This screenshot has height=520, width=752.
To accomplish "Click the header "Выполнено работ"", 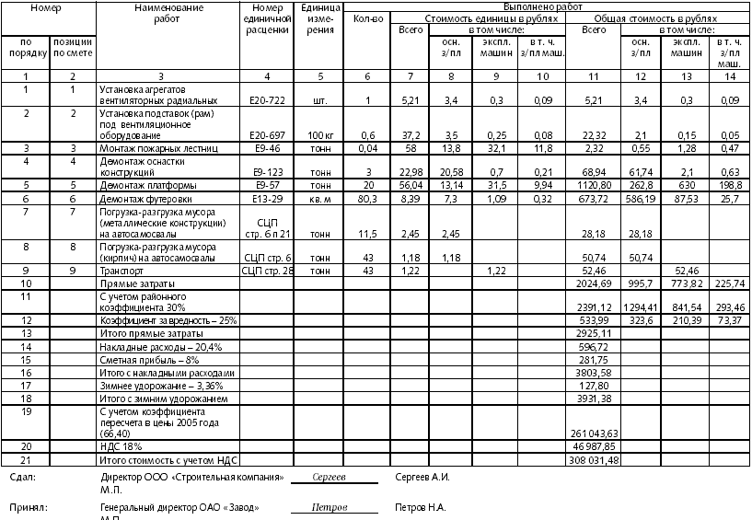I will (547, 7).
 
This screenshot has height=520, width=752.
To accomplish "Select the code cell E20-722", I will (265, 99).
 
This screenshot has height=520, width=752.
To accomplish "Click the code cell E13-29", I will (265, 199).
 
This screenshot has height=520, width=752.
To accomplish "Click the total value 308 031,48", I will (593, 459).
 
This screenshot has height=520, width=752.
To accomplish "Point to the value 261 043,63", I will (593, 433).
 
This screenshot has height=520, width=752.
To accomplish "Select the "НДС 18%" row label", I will (119, 446).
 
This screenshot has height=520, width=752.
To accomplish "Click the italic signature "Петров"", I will (329, 508).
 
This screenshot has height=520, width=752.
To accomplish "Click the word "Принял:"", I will (28, 508).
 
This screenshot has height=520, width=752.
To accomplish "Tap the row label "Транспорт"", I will (121, 272).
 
